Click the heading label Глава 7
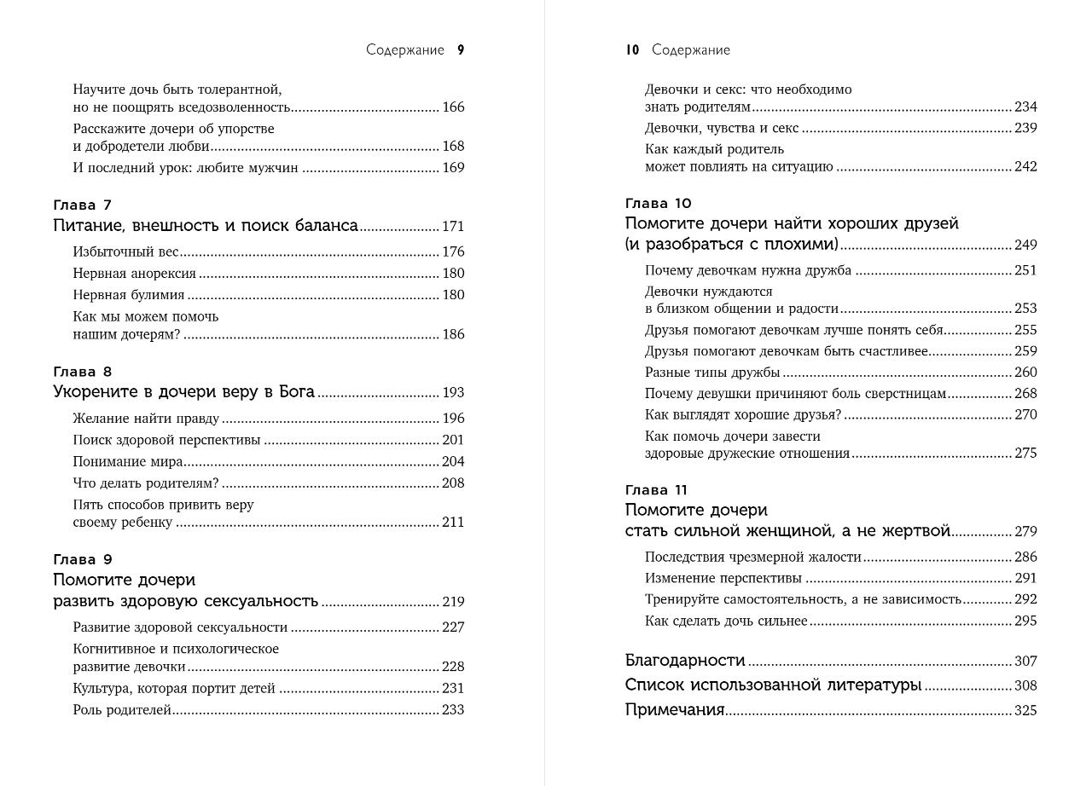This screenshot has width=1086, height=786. pyautogui.click(x=82, y=205)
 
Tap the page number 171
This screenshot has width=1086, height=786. pyautogui.click(x=453, y=227)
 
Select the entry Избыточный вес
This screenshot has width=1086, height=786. pyautogui.click(x=125, y=251)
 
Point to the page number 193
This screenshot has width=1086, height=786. pyautogui.click(x=453, y=393)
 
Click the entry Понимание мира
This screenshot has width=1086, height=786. pyautogui.click(x=128, y=461)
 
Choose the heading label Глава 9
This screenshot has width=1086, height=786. pyautogui.click(x=82, y=559)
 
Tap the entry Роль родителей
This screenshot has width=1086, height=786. pyautogui.click(x=122, y=709)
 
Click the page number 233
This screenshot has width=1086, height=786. pyautogui.click(x=453, y=709)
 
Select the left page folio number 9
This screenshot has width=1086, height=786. pyautogui.click(x=461, y=50)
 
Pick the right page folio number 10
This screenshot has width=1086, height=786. pyautogui.click(x=632, y=50)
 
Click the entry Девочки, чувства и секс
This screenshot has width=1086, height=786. pyautogui.click(x=722, y=128)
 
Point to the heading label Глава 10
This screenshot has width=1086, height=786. pyautogui.click(x=658, y=203)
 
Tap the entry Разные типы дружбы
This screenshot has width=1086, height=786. pyautogui.click(x=712, y=372)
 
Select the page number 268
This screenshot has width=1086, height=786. pyautogui.click(x=1025, y=393)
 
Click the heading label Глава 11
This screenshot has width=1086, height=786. pyautogui.click(x=656, y=489)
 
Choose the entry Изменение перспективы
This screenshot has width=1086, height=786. pyautogui.click(x=723, y=578)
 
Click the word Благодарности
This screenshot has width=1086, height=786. pyautogui.click(x=685, y=661)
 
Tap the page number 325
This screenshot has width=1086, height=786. pyautogui.click(x=1025, y=710)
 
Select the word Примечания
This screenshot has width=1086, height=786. pyautogui.click(x=675, y=710)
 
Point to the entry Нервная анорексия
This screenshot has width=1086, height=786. pyautogui.click(x=134, y=274)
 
